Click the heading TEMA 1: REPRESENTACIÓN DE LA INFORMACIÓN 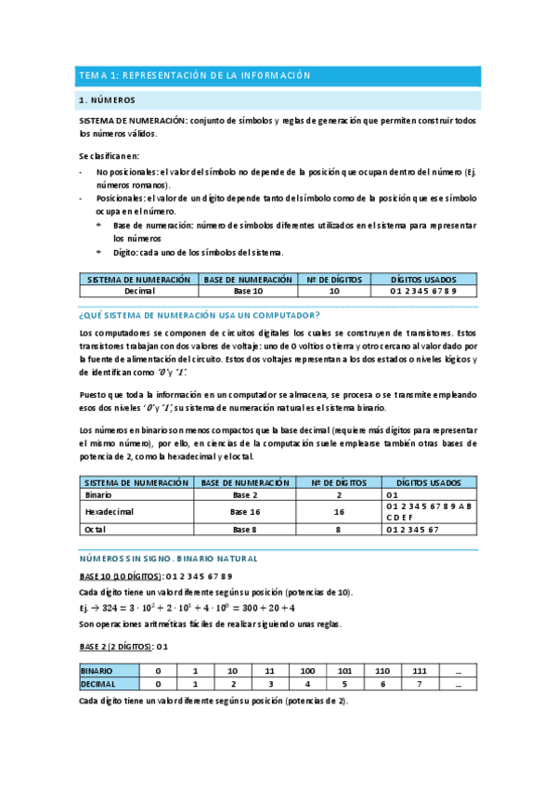click(195, 75)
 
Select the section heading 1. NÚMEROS click(109, 99)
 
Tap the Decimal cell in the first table click(138, 291)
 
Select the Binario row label click(97, 495)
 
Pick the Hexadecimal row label click(109, 512)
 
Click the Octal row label click(95, 529)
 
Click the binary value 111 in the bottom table click(420, 670)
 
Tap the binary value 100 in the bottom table click(306, 670)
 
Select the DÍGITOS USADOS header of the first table click(423, 279)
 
